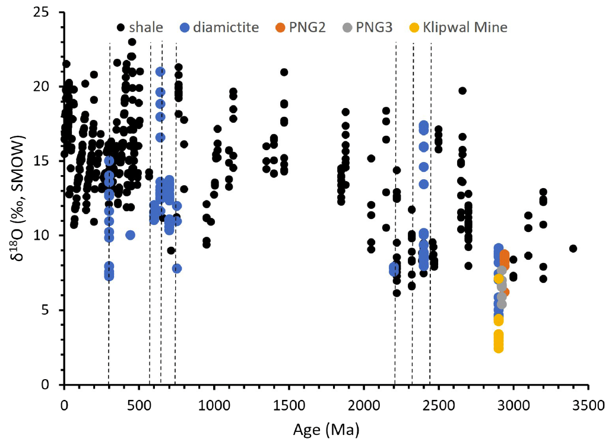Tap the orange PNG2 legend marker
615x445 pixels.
(280, 27)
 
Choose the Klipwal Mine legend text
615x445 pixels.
(465, 27)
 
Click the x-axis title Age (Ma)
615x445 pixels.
(326, 428)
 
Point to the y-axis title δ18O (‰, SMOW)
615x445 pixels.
(20, 199)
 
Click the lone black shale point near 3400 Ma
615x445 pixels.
(573, 249)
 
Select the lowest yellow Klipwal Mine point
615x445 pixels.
(499, 348)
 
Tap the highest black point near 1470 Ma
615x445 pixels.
(284, 72)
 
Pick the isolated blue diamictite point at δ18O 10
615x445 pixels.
(130, 235)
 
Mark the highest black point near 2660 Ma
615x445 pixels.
(462, 91)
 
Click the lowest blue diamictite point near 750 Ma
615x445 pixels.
(177, 268)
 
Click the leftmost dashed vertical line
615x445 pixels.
(109, 214)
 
